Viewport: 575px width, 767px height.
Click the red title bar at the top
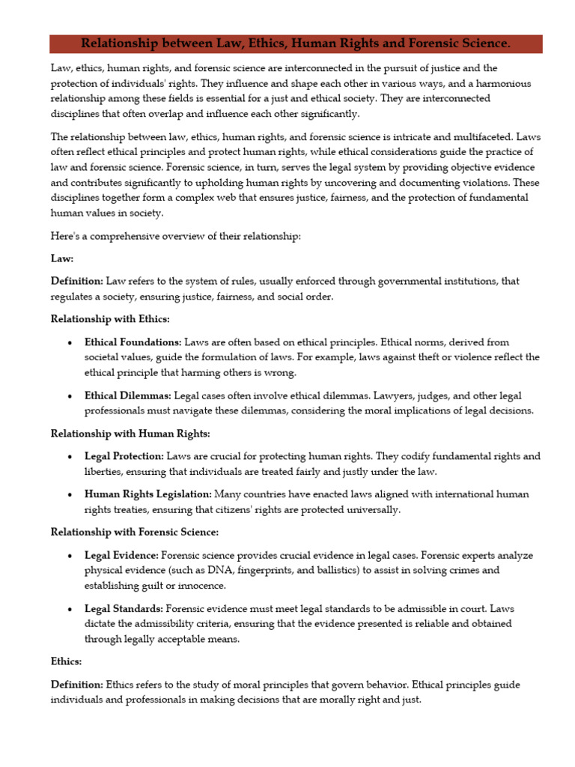tap(296, 44)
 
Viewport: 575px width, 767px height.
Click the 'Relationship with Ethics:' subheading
tap(110, 319)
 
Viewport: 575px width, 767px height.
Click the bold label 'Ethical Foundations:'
tap(133, 342)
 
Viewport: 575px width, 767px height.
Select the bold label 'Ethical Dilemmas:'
tap(128, 395)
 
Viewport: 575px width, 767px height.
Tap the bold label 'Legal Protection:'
tap(124, 456)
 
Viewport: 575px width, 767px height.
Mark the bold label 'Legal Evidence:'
tap(121, 555)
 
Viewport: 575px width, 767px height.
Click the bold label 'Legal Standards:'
tap(124, 609)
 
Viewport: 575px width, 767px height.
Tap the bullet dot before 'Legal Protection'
tap(70, 457)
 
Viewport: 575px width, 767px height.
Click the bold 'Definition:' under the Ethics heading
tap(76, 685)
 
